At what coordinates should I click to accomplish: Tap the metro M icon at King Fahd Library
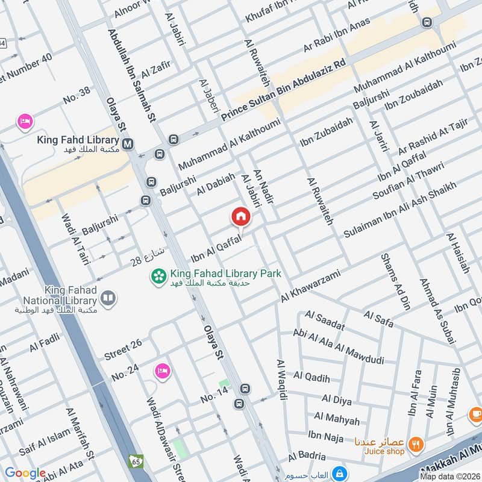click(128, 144)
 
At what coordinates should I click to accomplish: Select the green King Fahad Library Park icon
click(159, 277)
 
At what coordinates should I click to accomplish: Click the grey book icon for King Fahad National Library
click(108, 298)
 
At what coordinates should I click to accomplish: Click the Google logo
click(25, 474)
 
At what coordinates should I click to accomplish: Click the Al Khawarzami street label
click(310, 286)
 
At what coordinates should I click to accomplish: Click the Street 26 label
click(123, 348)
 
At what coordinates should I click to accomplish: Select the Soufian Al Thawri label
click(408, 181)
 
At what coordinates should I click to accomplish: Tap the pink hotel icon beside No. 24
click(162, 369)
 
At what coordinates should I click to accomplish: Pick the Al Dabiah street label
click(215, 183)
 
